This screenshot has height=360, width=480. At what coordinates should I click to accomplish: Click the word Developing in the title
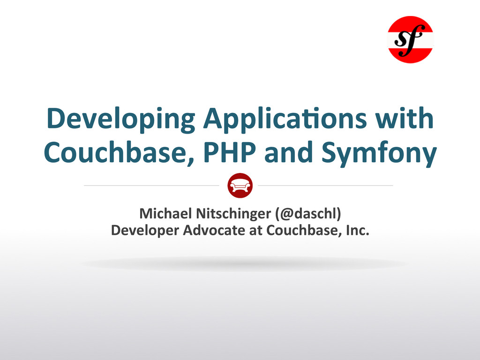[x=121, y=119]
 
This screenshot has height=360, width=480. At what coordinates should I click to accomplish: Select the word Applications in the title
[x=285, y=119]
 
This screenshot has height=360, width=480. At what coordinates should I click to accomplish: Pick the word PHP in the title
[x=229, y=152]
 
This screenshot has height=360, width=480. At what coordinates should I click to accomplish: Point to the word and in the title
[x=288, y=152]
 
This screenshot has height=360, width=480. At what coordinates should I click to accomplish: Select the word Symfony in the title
[x=379, y=154]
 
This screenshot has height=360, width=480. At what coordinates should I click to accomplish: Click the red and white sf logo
[x=411, y=39]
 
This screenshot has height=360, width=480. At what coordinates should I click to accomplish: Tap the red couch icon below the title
[x=240, y=186]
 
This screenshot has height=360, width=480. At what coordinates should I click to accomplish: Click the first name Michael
[x=166, y=213]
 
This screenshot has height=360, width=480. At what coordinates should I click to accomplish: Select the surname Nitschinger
[x=233, y=214]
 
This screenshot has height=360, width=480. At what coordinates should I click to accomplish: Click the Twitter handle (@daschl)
[x=308, y=214]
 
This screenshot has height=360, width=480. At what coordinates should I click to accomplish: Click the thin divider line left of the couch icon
[x=151, y=186]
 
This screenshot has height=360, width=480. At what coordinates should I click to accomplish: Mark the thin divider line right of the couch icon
[x=325, y=186]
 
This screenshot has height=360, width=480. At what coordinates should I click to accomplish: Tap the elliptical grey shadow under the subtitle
[x=243, y=263]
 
